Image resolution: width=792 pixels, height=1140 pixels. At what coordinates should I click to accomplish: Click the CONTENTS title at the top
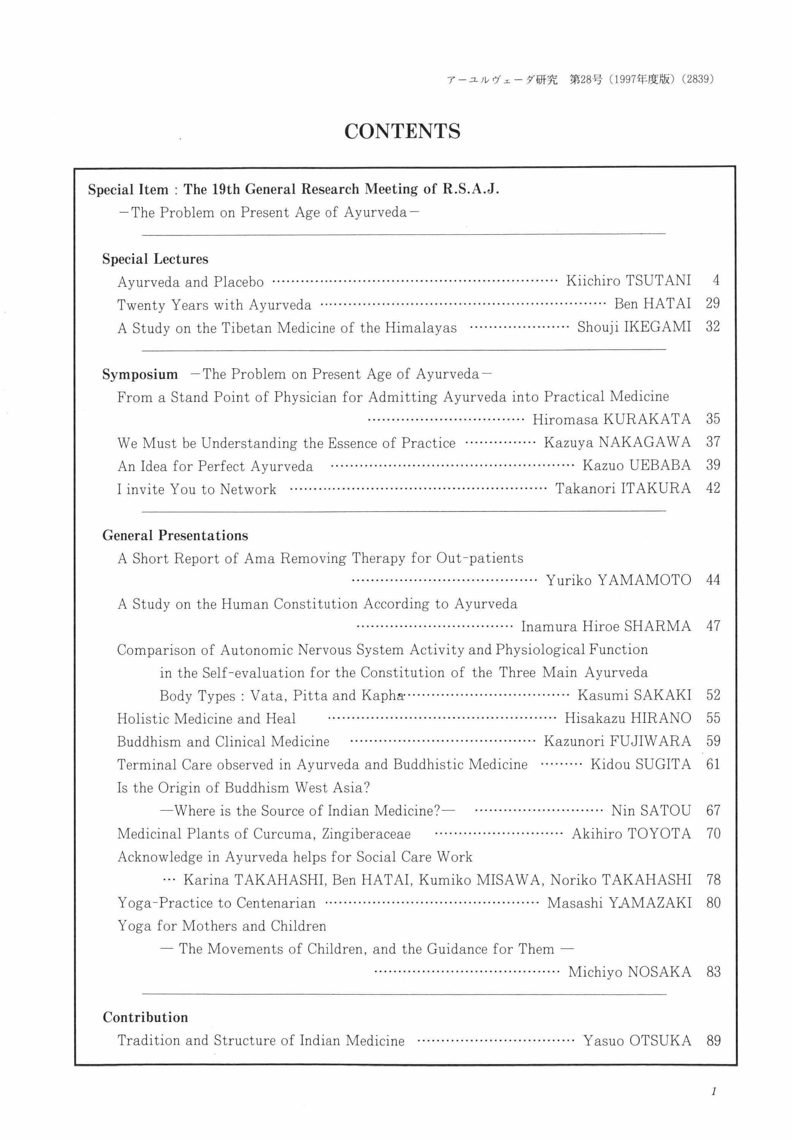pyautogui.click(x=402, y=132)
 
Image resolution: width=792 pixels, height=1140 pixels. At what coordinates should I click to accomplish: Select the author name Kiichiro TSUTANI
pyautogui.click(x=628, y=281)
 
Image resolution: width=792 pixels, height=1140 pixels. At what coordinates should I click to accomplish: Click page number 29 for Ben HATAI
pyautogui.click(x=713, y=304)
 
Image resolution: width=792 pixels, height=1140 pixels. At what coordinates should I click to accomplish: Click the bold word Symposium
pyautogui.click(x=140, y=374)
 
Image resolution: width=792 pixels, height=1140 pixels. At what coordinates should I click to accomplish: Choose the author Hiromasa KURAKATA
pyautogui.click(x=611, y=420)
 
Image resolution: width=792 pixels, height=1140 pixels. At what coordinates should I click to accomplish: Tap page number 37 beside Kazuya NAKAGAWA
pyautogui.click(x=713, y=442)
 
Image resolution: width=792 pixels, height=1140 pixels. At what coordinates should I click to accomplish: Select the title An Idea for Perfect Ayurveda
pyautogui.click(x=215, y=466)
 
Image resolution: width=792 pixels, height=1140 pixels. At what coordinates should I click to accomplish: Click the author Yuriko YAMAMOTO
pyautogui.click(x=618, y=580)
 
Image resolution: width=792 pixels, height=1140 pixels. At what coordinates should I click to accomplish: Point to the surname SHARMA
pyautogui.click(x=657, y=626)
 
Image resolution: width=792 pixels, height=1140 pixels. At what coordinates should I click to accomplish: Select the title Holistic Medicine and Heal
pyautogui.click(x=206, y=719)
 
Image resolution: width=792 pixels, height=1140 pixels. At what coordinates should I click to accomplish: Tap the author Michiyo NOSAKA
pyautogui.click(x=629, y=972)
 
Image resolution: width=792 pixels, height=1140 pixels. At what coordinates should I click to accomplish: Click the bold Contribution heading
pyautogui.click(x=145, y=1018)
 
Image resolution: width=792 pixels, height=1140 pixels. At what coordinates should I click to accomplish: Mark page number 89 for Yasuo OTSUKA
pyautogui.click(x=713, y=1041)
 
